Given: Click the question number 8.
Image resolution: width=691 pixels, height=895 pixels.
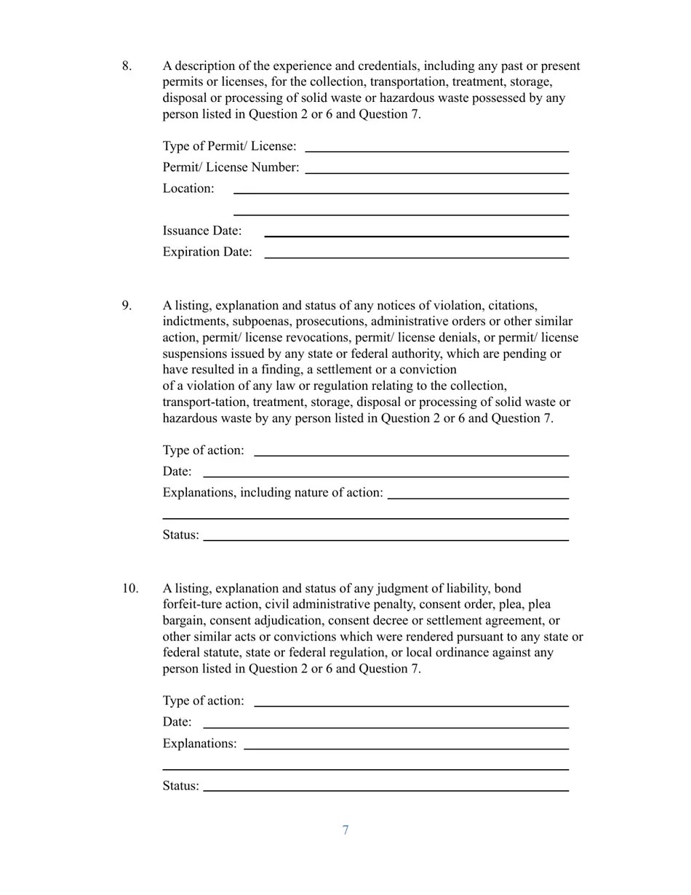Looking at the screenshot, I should tap(127, 66).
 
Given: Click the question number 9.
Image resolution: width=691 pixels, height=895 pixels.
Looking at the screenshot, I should tap(127, 306).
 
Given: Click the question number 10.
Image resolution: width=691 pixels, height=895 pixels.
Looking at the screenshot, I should tap(130, 589).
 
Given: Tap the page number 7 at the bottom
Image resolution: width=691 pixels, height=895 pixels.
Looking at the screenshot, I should tap(345, 830).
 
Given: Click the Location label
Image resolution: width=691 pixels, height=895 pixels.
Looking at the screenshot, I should tap(188, 188).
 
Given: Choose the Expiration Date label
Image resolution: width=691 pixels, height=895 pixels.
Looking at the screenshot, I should tap(207, 252).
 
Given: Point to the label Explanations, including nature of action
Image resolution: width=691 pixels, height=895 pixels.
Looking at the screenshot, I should tap(273, 493).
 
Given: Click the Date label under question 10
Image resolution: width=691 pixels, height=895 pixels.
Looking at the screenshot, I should tap(177, 722).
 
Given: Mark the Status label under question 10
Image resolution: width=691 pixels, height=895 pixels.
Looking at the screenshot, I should tap(180, 786).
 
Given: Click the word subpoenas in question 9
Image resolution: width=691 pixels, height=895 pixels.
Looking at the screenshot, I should tap(260, 322).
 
